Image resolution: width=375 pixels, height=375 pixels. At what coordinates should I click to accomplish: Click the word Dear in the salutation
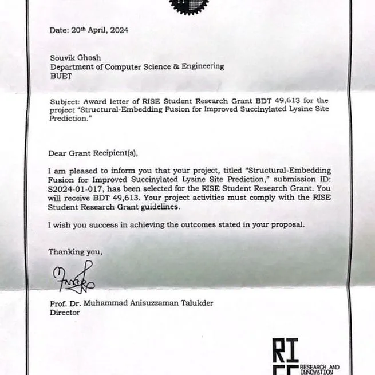point(58,153)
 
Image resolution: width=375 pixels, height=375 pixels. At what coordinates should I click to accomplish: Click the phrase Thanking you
point(76,251)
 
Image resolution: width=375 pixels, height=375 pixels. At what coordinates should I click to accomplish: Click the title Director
point(65,313)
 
